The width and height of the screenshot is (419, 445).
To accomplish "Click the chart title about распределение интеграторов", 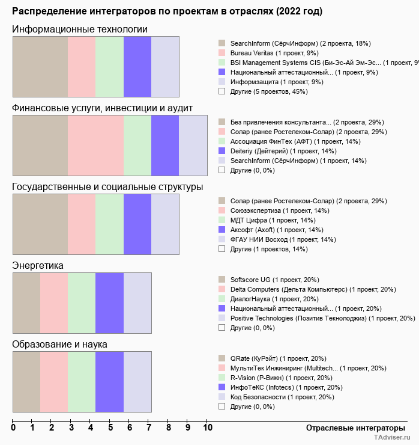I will pos(167,11).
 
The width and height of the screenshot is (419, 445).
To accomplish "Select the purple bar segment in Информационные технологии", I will pos(137,66).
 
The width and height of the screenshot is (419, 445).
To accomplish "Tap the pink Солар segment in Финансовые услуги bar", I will pos(95,145).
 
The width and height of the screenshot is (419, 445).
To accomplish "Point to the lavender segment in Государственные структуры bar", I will pos(165,224).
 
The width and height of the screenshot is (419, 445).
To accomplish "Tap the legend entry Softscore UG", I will pos(274,280).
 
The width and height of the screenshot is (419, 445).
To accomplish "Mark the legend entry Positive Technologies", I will pos(322,318).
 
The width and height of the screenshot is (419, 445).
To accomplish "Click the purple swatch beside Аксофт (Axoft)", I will pos(222,230).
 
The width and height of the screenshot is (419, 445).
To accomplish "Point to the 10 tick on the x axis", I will pos(208,428).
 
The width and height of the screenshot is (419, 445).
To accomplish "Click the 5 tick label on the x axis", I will pos(110,428).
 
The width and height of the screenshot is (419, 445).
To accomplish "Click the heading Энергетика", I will pos(38,265).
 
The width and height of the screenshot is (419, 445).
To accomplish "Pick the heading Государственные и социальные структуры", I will pos(107,187).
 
